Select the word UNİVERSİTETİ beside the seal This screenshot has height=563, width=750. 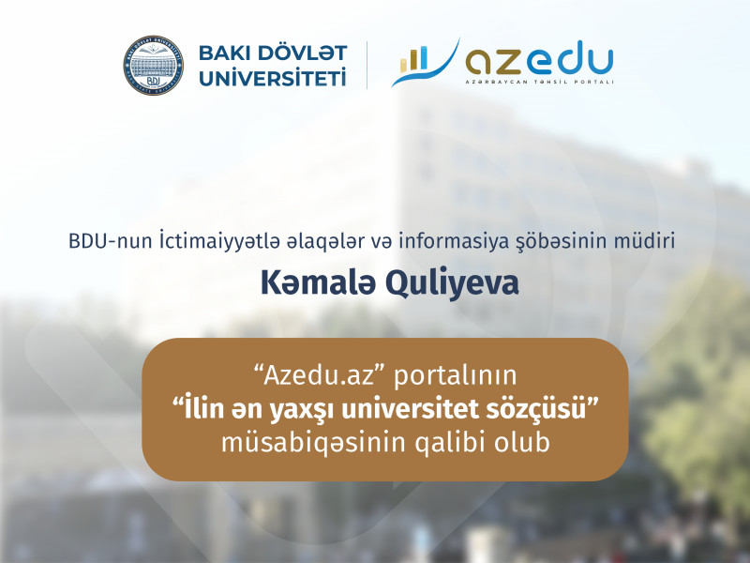[272, 78]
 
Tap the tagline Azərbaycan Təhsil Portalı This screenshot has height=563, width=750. [540, 83]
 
